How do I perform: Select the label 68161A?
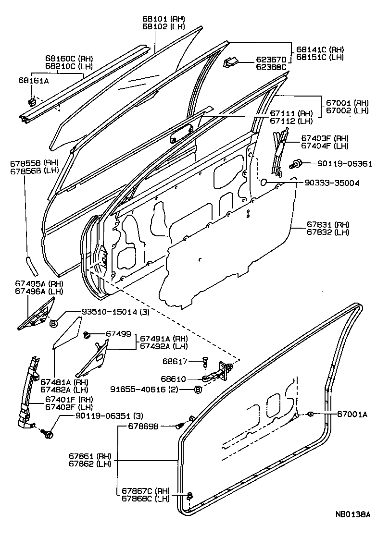point(34,81)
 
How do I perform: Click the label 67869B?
point(144,426)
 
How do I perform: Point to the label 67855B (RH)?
point(27,163)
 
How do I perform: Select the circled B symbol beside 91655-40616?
point(197,390)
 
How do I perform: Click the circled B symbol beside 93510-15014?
point(54,323)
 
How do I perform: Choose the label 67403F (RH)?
point(331,137)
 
